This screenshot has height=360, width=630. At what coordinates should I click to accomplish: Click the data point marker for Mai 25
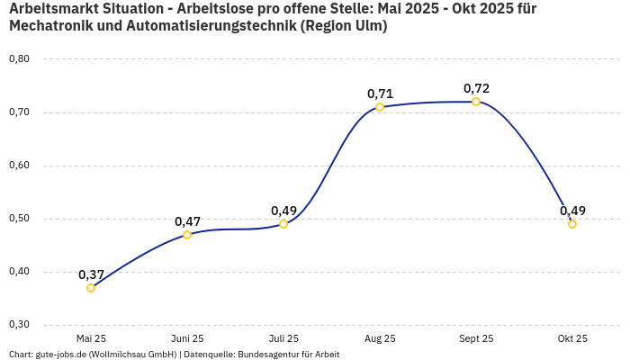(91, 288)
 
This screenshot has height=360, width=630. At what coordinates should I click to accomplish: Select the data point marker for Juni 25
(187, 235)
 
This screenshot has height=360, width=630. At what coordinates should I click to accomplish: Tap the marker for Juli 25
(283, 224)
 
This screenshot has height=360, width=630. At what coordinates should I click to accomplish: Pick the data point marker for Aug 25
(380, 107)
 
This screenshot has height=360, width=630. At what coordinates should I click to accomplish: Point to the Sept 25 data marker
(476, 102)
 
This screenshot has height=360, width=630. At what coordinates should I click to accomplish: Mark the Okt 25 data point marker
(572, 224)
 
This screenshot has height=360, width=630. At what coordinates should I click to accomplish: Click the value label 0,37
(91, 274)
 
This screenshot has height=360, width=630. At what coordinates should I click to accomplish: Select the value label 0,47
(187, 221)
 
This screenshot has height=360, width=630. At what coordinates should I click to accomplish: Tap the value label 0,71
(380, 94)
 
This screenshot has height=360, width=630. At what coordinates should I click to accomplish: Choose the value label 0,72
(476, 88)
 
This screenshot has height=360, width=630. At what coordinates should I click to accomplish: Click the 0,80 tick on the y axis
(19, 59)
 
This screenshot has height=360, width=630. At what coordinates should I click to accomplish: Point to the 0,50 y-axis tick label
(19, 219)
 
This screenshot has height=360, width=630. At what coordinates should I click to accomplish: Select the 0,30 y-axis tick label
(19, 325)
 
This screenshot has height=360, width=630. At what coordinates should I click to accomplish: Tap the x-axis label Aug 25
(380, 338)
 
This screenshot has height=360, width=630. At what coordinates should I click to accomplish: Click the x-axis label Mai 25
(91, 338)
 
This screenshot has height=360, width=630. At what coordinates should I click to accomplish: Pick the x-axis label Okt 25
(572, 338)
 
